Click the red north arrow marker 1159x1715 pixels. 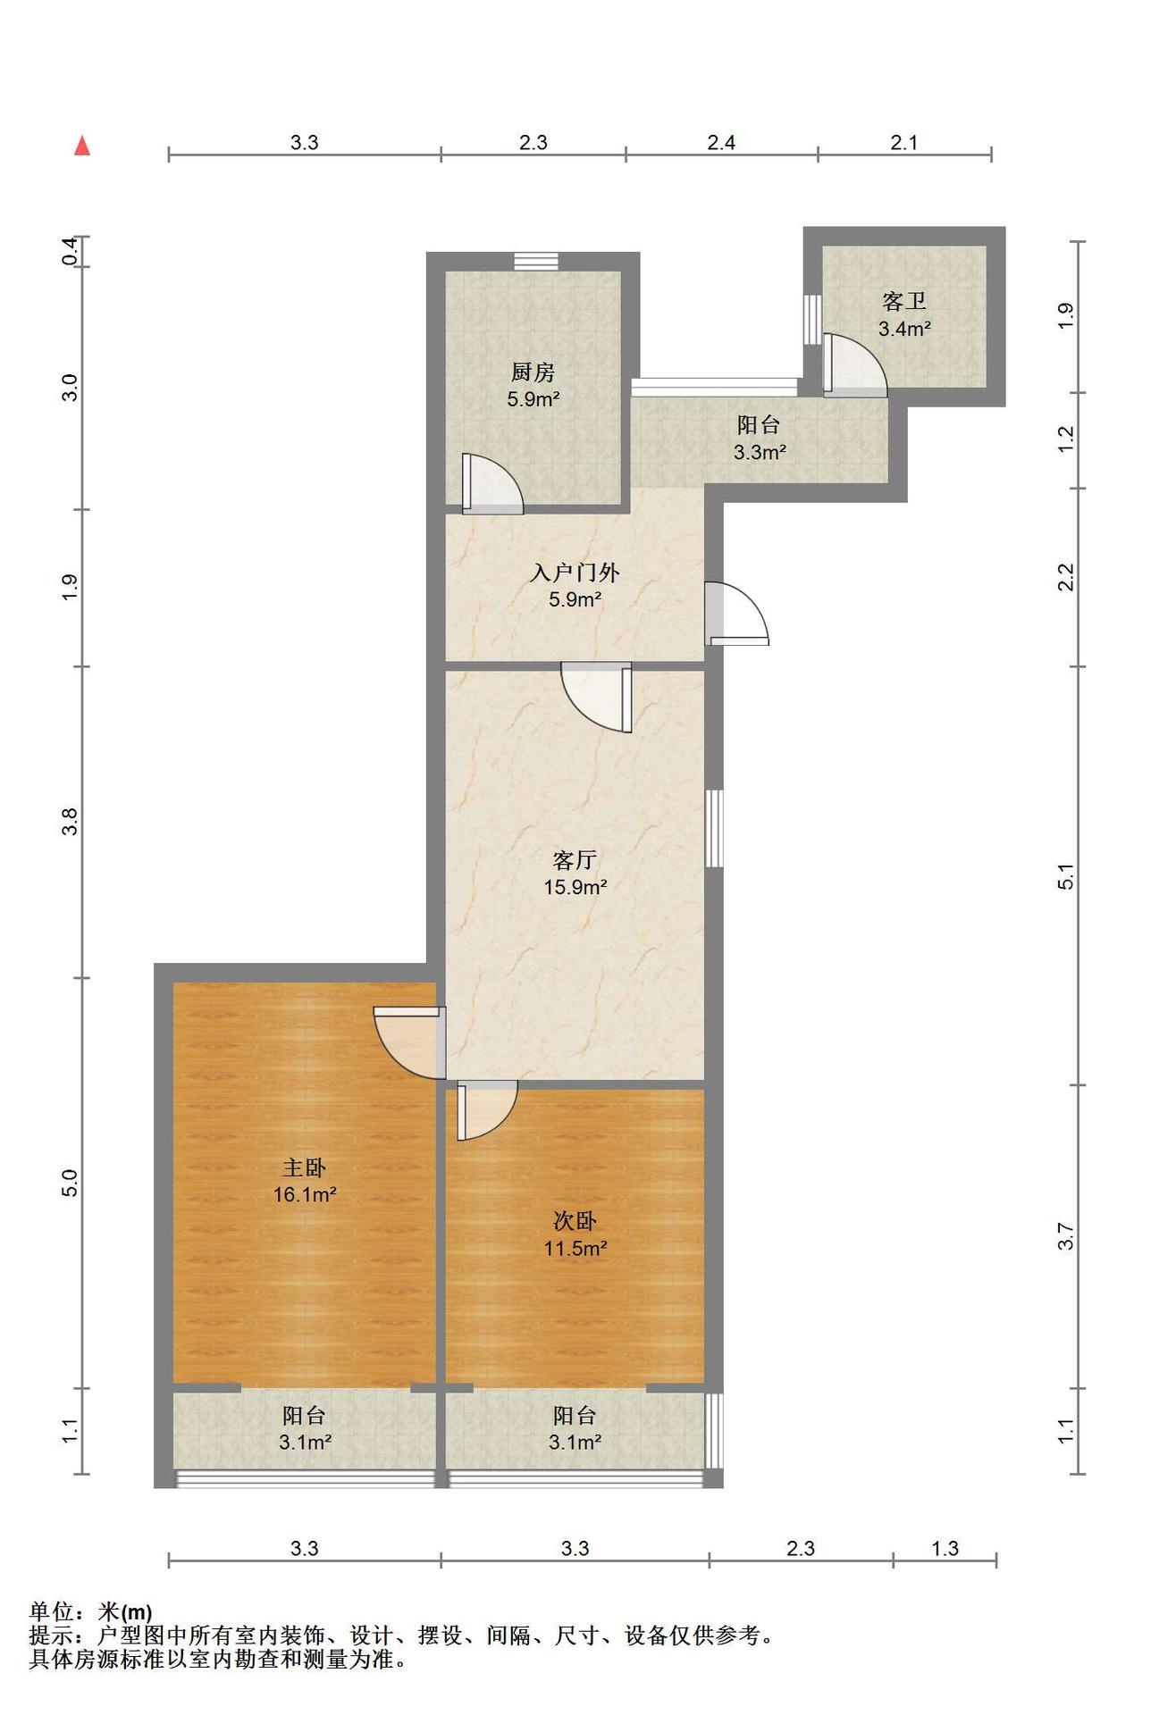click(82, 145)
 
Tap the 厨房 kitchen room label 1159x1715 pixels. click(533, 372)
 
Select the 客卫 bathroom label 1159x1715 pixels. click(904, 301)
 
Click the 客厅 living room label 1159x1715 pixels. click(575, 860)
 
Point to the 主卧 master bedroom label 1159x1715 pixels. click(304, 1167)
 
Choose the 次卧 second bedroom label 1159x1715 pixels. click(575, 1221)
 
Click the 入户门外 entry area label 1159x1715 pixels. click(575, 573)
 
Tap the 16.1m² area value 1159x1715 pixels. click(305, 1194)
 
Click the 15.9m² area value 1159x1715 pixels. click(575, 887)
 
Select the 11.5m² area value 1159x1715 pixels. click(575, 1248)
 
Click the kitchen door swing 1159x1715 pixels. click(492, 484)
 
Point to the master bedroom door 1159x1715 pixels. click(409, 1043)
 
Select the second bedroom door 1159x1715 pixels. click(487, 1110)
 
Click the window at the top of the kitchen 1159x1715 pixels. click(536, 261)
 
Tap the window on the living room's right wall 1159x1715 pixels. click(714, 828)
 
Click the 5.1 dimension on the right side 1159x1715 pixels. click(1066, 877)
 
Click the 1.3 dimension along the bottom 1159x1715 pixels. click(945, 1548)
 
